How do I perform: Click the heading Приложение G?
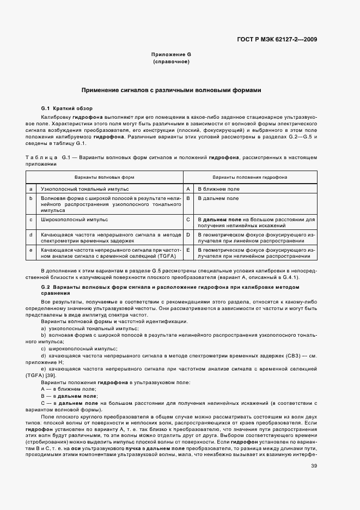[x=171, y=55]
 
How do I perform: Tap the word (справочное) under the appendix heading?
[x=171, y=62]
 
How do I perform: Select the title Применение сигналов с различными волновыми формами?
[x=171, y=90]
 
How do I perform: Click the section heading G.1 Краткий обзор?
[x=67, y=108]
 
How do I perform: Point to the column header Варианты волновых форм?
[x=104, y=178]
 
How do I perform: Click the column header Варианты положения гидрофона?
[x=250, y=178]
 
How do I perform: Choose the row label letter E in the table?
[x=188, y=250]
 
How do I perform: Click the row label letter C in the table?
[x=188, y=220]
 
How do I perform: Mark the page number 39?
[x=314, y=450]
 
